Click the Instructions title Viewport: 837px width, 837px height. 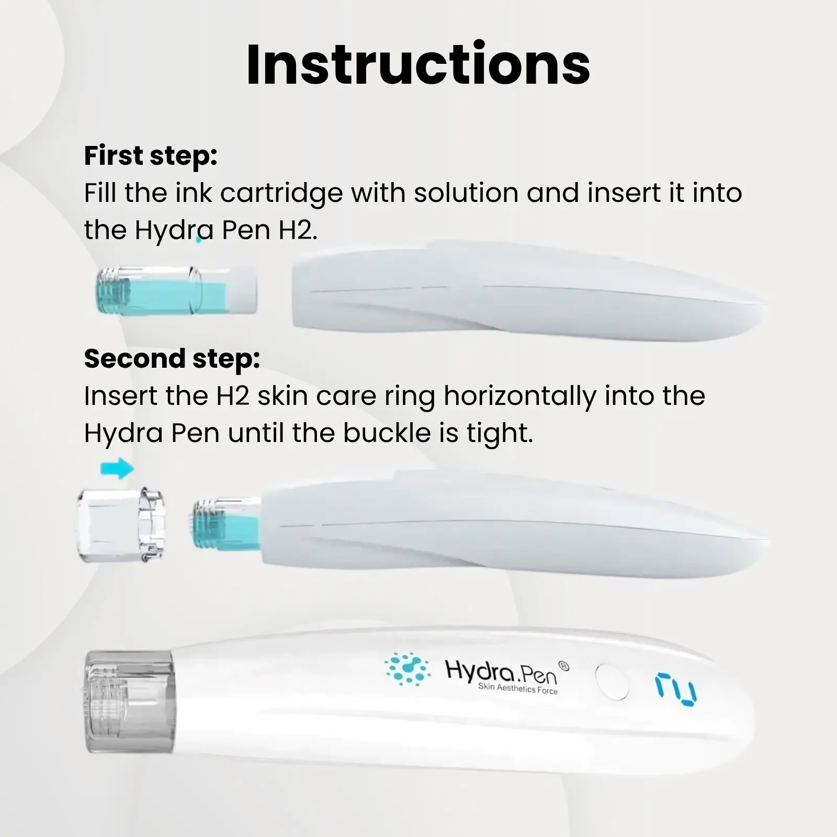[418, 65]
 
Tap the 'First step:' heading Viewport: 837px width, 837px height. [151, 156]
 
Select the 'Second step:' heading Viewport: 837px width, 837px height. [172, 359]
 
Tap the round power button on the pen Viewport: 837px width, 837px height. [612, 682]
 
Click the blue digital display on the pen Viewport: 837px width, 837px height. [676, 690]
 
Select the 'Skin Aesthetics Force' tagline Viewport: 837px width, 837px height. [518, 688]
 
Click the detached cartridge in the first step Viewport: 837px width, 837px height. [176, 290]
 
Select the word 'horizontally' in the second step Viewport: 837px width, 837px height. [519, 397]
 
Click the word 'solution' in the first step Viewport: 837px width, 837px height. [466, 193]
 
